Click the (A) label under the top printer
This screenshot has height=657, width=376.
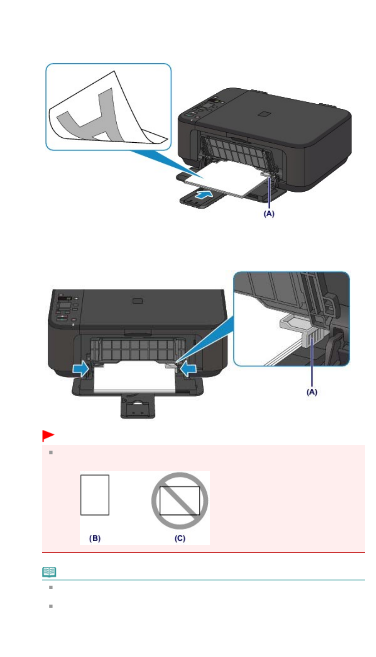click(269, 213)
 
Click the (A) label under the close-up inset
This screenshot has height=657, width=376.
click(312, 392)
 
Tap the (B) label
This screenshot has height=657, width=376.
click(95, 538)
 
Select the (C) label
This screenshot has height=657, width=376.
click(180, 538)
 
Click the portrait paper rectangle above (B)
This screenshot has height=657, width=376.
click(95, 495)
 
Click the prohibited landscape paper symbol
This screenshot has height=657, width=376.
click(180, 500)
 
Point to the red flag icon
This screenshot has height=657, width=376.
click(48, 436)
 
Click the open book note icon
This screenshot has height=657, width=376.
click(49, 572)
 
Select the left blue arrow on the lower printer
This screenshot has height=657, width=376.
click(80, 369)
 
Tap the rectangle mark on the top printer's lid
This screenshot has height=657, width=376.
click(265, 114)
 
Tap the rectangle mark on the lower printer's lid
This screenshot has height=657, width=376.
click(137, 300)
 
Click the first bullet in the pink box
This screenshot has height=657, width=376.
click(51, 452)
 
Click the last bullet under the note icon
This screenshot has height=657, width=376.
click(51, 606)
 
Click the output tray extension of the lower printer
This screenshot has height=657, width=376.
click(138, 405)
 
